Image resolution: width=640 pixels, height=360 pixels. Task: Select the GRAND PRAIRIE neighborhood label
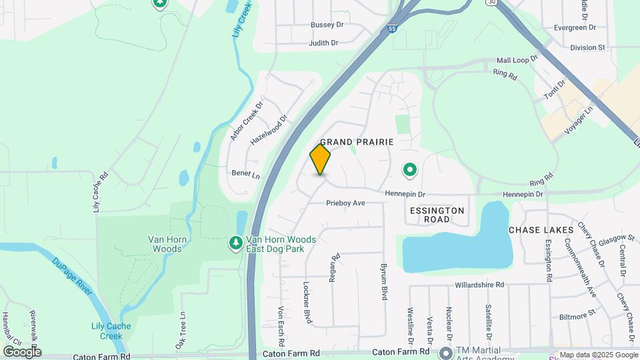coord(357,142)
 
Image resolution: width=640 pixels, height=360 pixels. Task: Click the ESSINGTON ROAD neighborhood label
coord(436,215)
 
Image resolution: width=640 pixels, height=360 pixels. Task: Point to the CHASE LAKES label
coord(541,230)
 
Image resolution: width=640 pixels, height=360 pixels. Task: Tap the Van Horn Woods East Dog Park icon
coord(235,244)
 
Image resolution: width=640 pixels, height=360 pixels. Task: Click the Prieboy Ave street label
coord(345,203)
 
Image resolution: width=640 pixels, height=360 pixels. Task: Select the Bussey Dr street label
coord(327,25)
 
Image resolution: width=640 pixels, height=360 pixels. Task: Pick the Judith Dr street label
coord(323,43)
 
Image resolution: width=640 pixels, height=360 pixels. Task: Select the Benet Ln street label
coord(245,173)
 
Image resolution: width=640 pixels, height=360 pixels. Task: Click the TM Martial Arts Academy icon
coord(445,352)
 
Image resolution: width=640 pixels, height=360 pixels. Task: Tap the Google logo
coord(22,351)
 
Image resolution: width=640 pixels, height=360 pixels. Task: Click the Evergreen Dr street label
coord(575,29)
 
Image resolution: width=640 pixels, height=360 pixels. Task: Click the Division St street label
coord(587,47)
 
